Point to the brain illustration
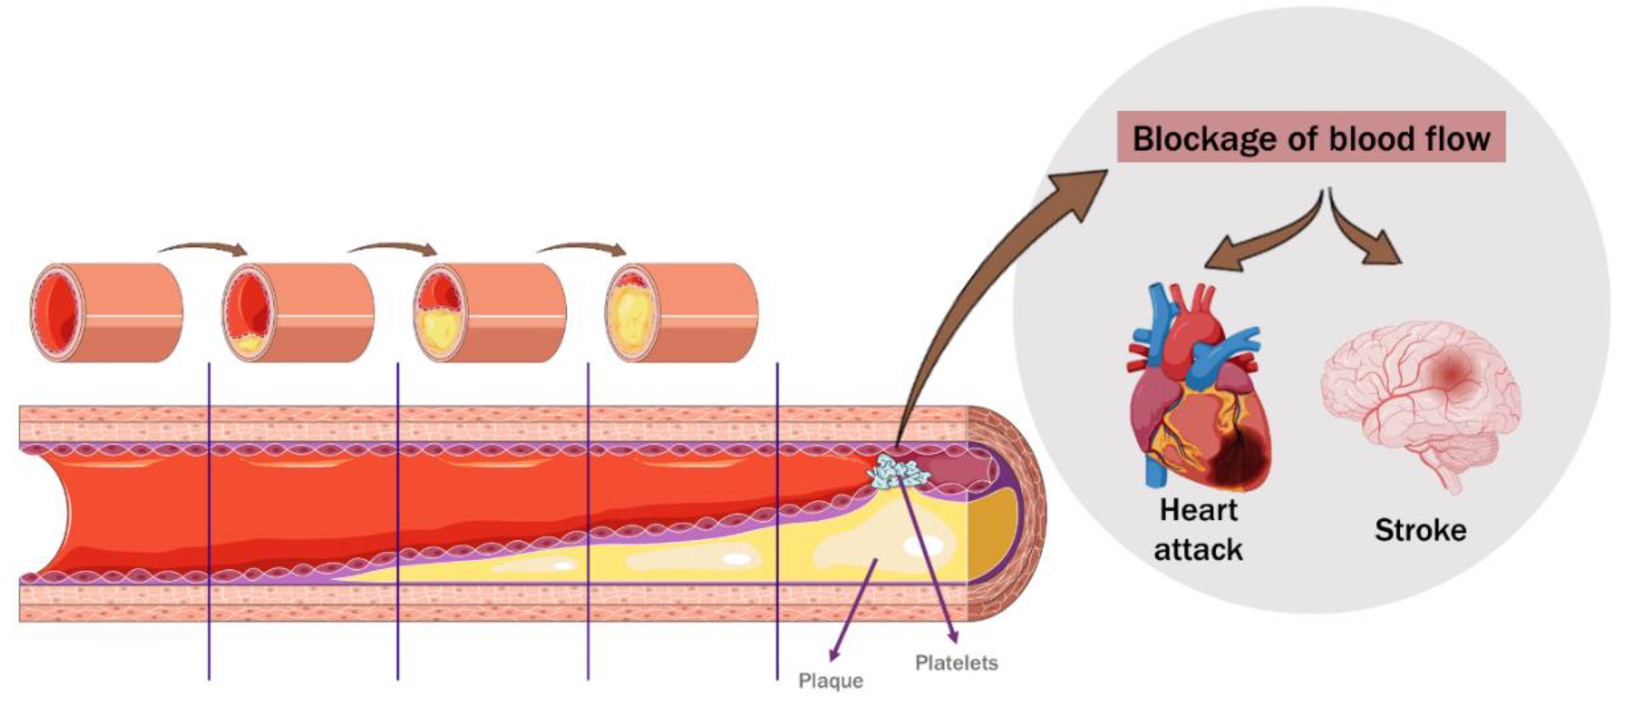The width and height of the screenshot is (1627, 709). (x=1421, y=398)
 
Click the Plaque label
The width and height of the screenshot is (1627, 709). (x=830, y=681)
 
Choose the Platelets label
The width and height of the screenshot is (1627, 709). (x=956, y=663)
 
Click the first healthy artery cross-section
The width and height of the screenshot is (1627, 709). (x=106, y=312)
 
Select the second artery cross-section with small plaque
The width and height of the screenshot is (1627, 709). (x=298, y=312)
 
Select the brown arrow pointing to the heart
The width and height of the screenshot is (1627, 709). (x=1257, y=243)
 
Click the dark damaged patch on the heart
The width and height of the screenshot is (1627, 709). (x=1238, y=461)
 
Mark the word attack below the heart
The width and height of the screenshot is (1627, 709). (x=1198, y=550)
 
